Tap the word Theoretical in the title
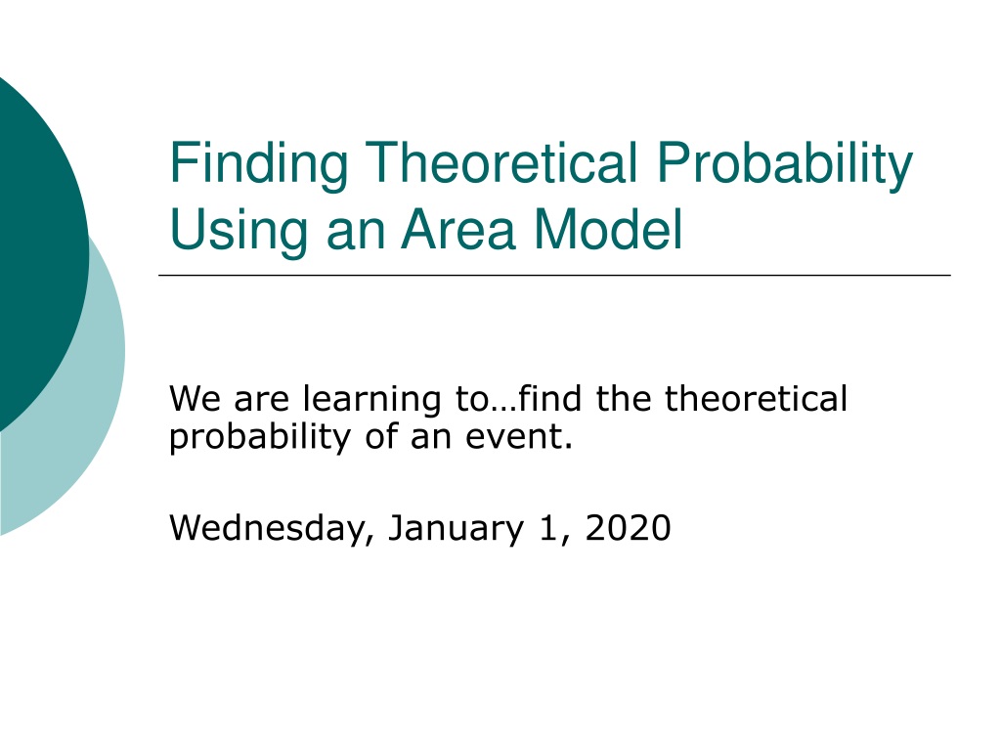click(x=501, y=162)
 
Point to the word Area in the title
click(x=458, y=229)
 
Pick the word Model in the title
click(x=608, y=229)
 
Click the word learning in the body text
click(x=371, y=400)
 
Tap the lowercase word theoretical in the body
click(x=756, y=398)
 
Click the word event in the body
click(x=518, y=437)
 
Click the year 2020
click(x=629, y=528)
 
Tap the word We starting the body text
click(x=195, y=399)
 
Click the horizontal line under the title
click(x=555, y=275)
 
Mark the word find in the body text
click(x=549, y=398)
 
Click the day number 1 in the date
click(x=548, y=528)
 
